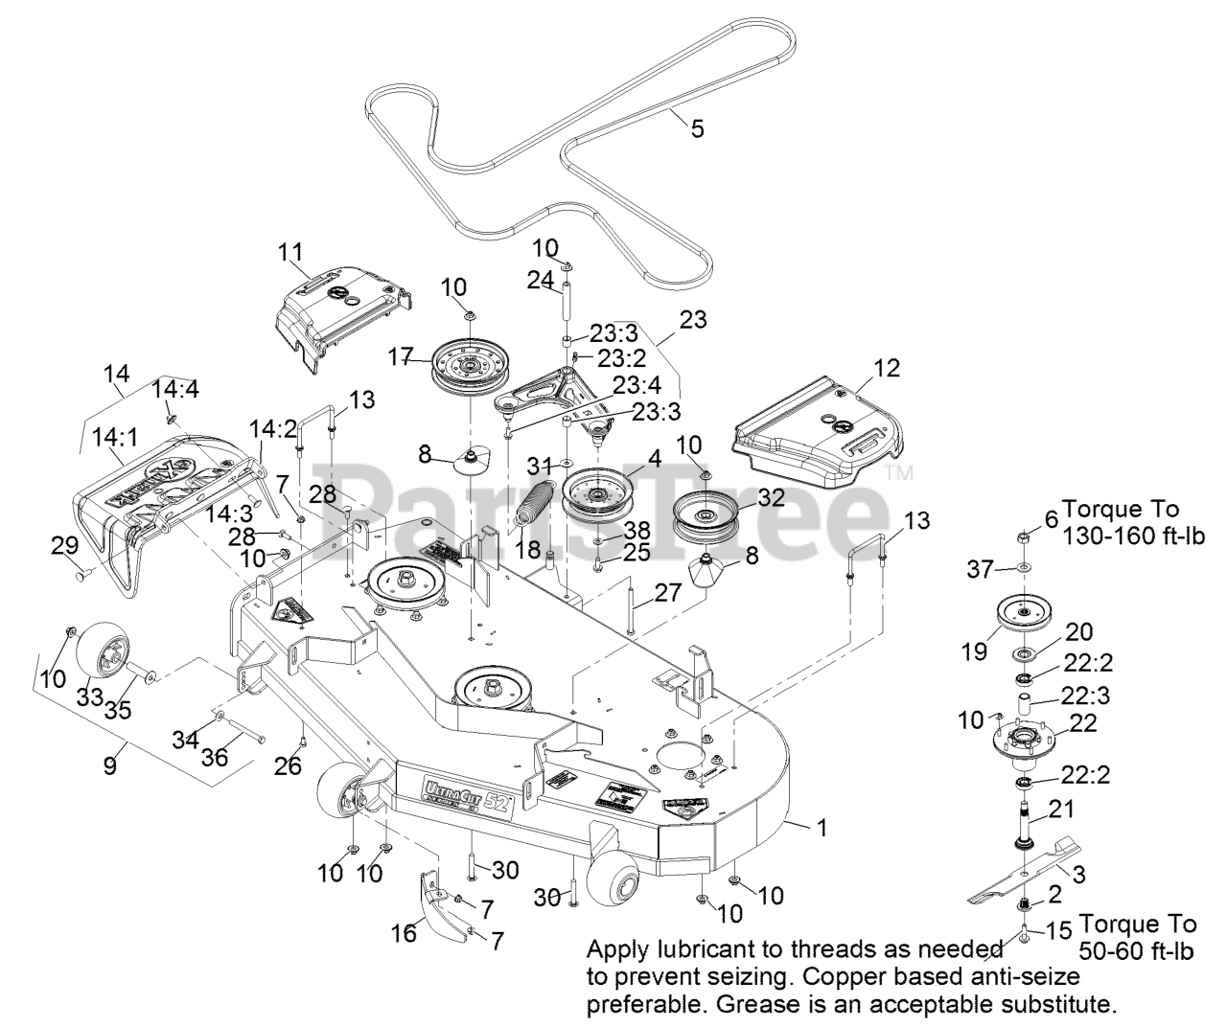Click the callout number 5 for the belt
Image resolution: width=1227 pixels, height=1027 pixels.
[x=697, y=126]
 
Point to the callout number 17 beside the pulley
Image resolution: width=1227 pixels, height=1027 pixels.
[x=401, y=358]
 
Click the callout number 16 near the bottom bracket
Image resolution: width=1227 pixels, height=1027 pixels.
[x=404, y=930]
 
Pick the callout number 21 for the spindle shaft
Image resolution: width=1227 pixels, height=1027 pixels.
[x=1061, y=810]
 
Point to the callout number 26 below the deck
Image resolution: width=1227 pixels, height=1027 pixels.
[x=288, y=765]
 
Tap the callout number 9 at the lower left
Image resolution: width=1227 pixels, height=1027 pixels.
[x=110, y=765]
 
